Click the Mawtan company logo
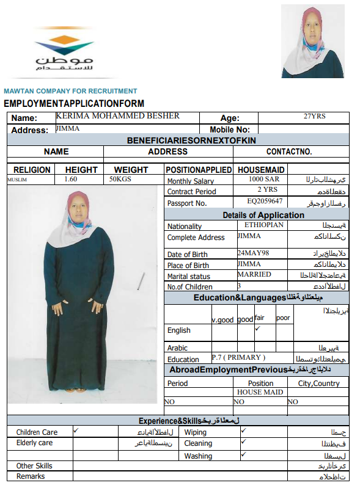(x=64, y=54)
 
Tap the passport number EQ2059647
(x=265, y=201)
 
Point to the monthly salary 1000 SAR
(x=264, y=180)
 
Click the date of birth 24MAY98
(x=253, y=252)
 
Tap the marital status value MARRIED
(x=254, y=274)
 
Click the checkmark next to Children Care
(x=76, y=431)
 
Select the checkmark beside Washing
(x=243, y=454)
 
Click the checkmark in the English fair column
(x=258, y=329)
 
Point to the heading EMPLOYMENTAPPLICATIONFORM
(x=74, y=103)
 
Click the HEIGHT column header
(x=81, y=169)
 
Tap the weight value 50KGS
(x=120, y=180)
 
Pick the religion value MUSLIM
(x=17, y=180)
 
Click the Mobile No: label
(x=230, y=129)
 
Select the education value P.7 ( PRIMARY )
(x=238, y=357)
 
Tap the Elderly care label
(x=34, y=443)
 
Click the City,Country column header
(x=318, y=383)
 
